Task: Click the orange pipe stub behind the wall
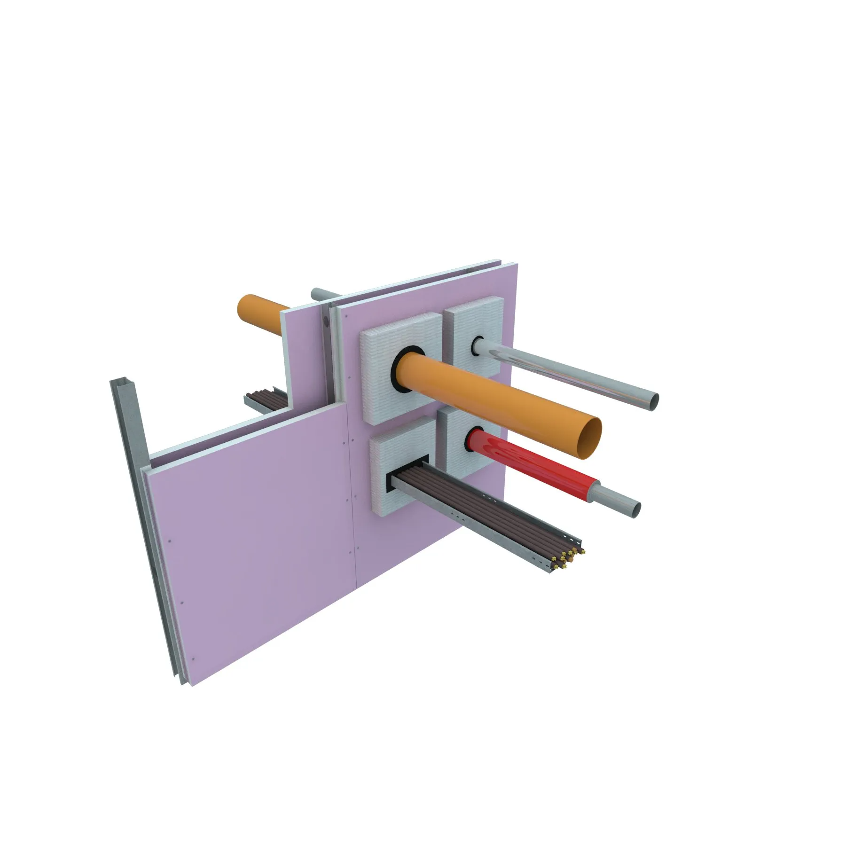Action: pos(258,313)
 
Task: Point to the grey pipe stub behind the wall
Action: pos(323,295)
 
